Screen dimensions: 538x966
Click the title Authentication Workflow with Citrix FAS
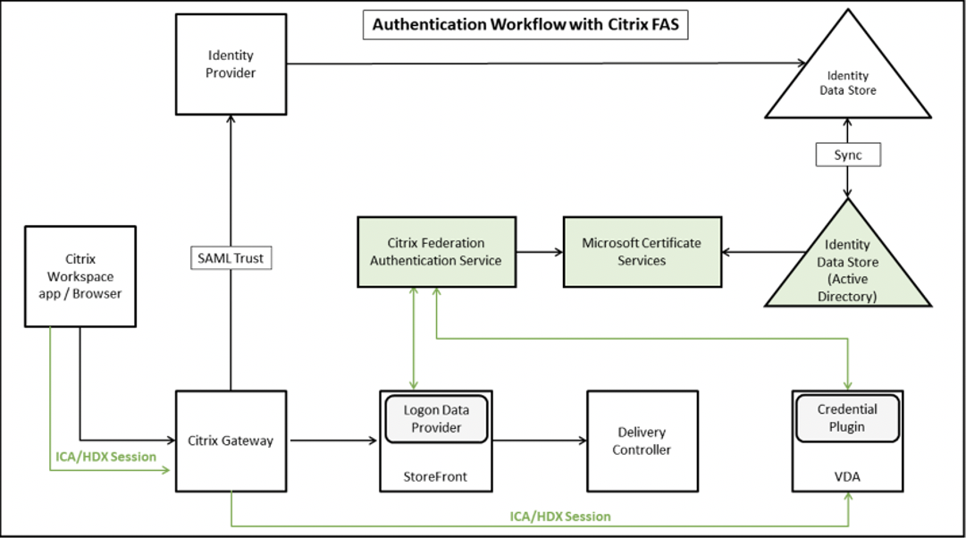(525, 24)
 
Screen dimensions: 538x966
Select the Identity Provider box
(231, 64)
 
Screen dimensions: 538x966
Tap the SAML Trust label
(231, 259)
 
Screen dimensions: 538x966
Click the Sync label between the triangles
(847, 156)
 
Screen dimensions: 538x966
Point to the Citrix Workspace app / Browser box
(81, 275)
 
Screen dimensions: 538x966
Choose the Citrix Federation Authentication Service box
(436, 252)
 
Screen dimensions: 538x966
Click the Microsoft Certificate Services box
(642, 252)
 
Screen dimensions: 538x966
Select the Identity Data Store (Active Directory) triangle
(847, 268)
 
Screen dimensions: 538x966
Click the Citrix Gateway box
(231, 441)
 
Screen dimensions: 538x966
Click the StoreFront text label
(436, 477)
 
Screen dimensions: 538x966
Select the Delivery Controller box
(642, 441)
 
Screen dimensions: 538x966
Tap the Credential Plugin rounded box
(847, 417)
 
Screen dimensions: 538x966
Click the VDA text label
(847, 477)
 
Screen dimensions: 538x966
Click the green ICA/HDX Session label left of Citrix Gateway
(105, 457)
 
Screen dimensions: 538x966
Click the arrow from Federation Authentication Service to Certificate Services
(539, 252)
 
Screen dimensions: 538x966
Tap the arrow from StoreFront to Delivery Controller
(540, 441)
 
